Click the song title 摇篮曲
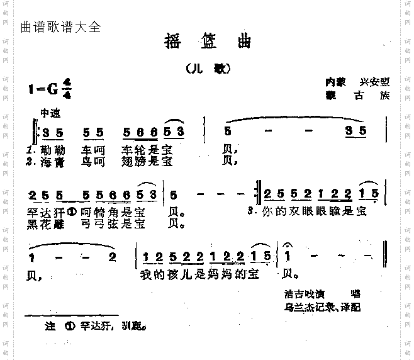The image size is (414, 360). pyautogui.click(x=206, y=42)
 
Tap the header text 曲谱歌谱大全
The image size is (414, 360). pyautogui.click(x=60, y=27)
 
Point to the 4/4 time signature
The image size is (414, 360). pyautogui.click(x=67, y=89)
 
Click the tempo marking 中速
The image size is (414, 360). pyautogui.click(x=50, y=114)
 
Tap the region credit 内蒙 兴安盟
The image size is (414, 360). pyautogui.click(x=357, y=82)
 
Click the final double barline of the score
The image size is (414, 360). pyautogui.click(x=384, y=257)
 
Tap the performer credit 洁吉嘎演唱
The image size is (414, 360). pyautogui.click(x=321, y=294)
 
